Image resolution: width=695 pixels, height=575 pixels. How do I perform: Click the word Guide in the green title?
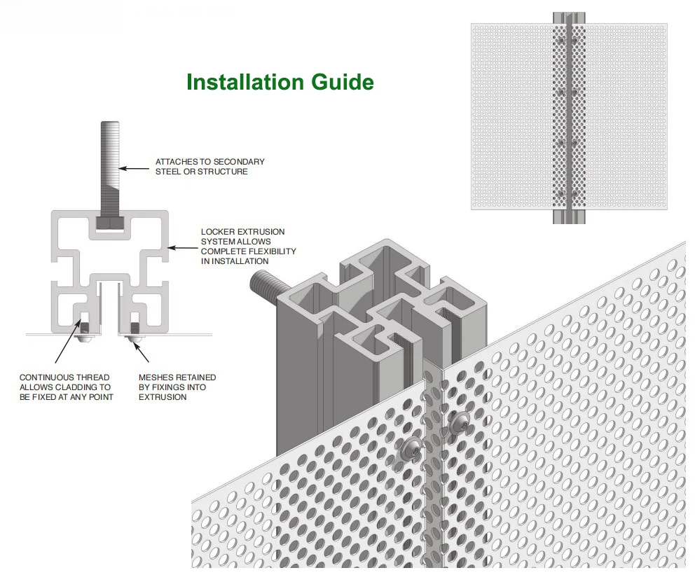343,82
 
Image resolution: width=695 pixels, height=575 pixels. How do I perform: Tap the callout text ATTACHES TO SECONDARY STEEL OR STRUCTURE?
209,167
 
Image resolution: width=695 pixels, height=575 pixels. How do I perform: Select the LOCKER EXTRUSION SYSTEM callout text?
248,246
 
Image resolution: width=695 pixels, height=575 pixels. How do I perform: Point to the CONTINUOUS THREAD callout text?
64,387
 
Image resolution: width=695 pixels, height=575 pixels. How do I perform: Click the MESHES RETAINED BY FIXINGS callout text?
177,387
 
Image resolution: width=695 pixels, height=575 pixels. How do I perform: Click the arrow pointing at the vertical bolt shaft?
137,167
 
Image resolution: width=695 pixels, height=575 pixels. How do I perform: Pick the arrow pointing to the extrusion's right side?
185,247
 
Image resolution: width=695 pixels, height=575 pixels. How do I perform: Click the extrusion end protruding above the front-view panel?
568,18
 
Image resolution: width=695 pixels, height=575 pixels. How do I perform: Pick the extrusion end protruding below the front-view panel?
568,216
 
